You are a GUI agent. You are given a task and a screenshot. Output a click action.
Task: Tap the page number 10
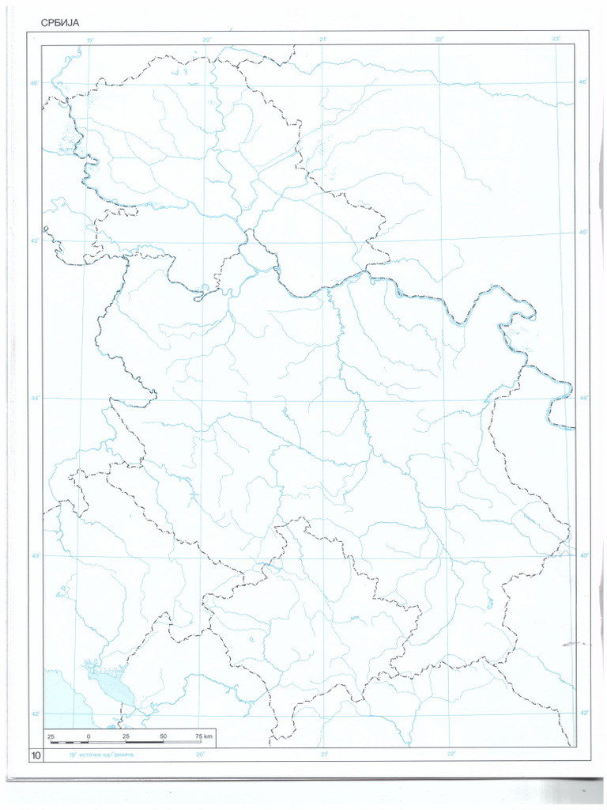pyautogui.click(x=36, y=756)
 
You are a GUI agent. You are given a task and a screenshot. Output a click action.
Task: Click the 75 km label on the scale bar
pyautogui.click(x=204, y=736)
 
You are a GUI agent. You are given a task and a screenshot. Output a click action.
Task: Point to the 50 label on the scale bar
pyautogui.click(x=163, y=736)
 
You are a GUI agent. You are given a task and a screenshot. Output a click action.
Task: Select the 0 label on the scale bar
pyautogui.click(x=89, y=736)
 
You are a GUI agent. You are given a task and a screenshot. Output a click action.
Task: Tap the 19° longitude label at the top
pyautogui.click(x=90, y=39)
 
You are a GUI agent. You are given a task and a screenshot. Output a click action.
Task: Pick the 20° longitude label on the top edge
pyautogui.click(x=207, y=39)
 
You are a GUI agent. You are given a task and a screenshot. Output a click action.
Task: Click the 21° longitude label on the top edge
pyautogui.click(x=324, y=39)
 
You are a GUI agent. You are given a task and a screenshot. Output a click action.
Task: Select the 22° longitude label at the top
pyautogui.click(x=439, y=39)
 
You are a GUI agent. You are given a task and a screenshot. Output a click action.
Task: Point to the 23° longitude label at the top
pyautogui.click(x=556, y=39)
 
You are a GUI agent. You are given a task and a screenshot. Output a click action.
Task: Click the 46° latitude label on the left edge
pyautogui.click(x=36, y=82)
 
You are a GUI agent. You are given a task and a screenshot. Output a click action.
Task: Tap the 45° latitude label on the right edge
pyautogui.click(x=584, y=232)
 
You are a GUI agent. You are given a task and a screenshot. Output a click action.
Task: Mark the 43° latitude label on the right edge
pyautogui.click(x=584, y=555)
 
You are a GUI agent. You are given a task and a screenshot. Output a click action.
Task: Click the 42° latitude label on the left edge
pyautogui.click(x=36, y=714)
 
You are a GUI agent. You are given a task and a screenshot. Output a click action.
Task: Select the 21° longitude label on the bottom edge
pyautogui.click(x=324, y=755)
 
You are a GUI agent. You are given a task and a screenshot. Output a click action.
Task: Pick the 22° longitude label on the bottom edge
pyautogui.click(x=451, y=755)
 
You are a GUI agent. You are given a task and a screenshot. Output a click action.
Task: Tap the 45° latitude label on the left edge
pyautogui.click(x=36, y=240)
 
